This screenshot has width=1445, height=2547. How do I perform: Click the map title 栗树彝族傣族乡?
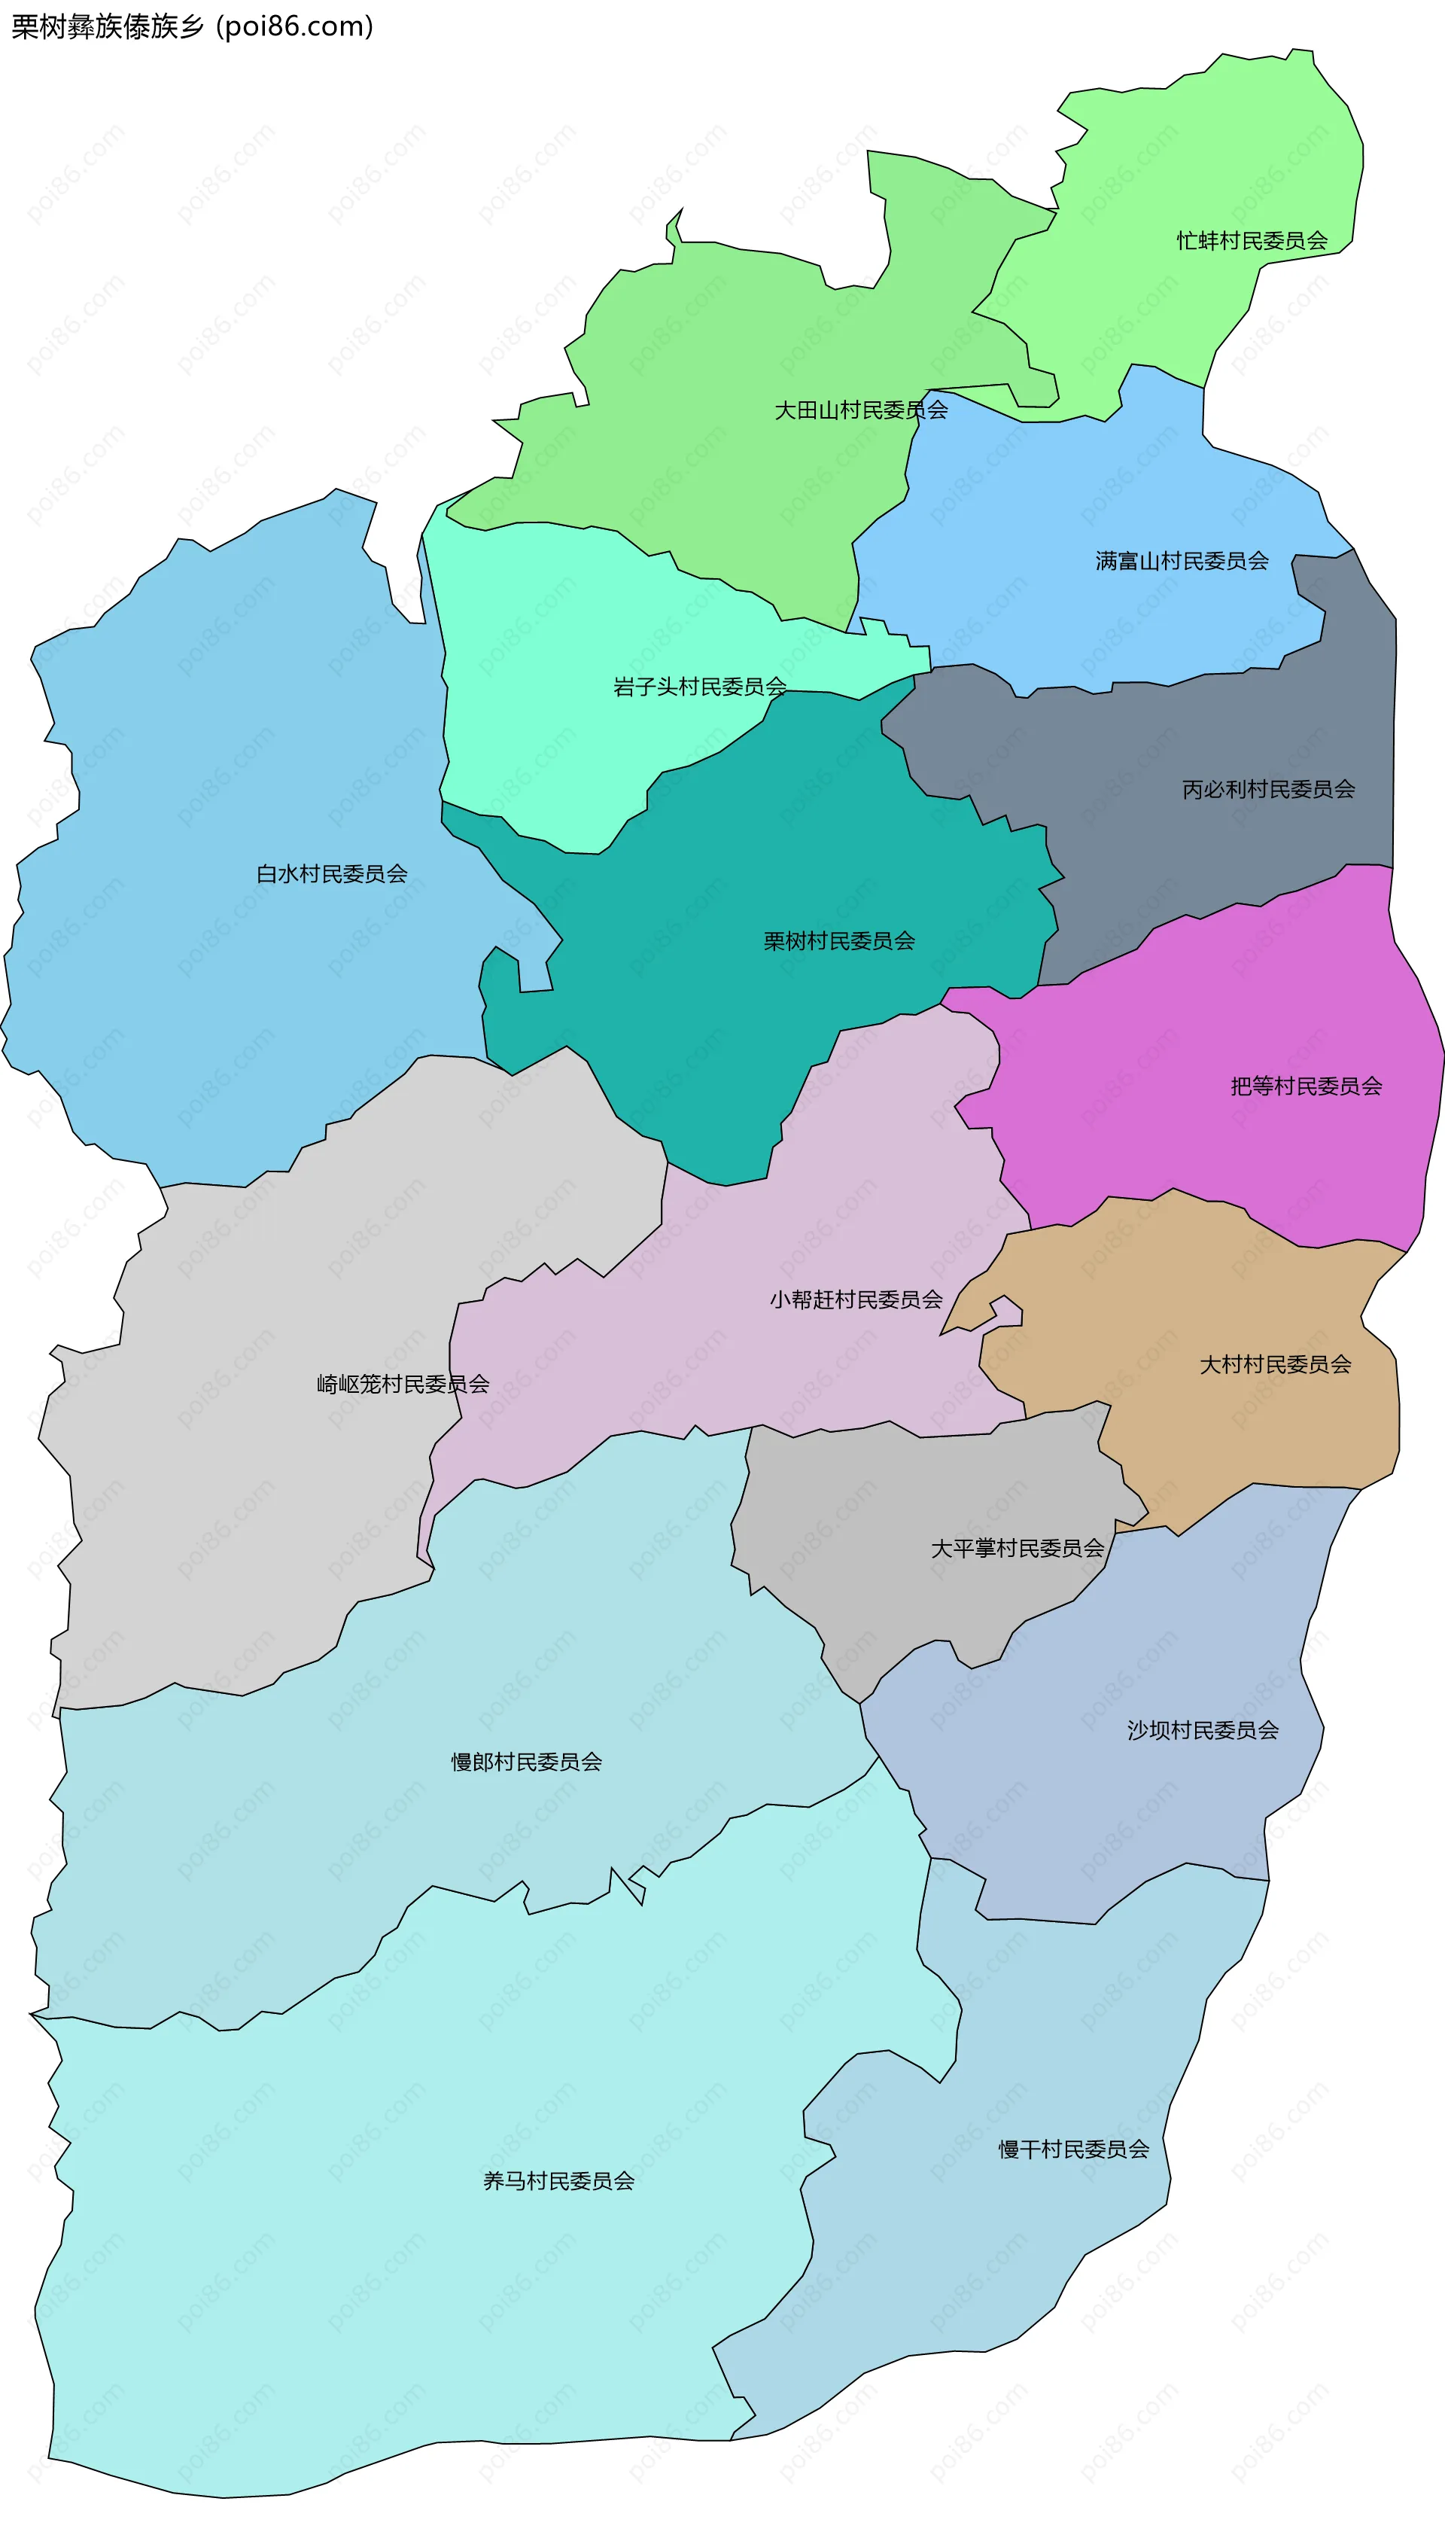[107, 27]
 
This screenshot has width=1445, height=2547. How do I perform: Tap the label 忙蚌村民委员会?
[1252, 240]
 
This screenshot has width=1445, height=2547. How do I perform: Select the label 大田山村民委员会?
[860, 410]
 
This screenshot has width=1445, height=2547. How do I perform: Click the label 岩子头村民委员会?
[700, 687]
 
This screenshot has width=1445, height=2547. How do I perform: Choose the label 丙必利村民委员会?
[1267, 789]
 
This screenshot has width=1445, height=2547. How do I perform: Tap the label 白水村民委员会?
[331, 873]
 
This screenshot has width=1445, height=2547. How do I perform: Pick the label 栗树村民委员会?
[838, 941]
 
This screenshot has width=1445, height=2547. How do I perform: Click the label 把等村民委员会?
[1306, 1086]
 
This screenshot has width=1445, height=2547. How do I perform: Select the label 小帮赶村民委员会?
[856, 1299]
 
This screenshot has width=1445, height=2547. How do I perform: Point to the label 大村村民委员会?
[1276, 1365]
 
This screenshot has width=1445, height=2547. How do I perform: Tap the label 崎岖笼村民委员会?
[402, 1384]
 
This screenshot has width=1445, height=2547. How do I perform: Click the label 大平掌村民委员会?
[1018, 1549]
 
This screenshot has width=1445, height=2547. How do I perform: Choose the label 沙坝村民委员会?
[1202, 1730]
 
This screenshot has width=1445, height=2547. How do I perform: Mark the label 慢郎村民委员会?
[526, 1762]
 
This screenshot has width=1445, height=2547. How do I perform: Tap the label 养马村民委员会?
[558, 2181]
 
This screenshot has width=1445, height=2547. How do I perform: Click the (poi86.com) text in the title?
[295, 27]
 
